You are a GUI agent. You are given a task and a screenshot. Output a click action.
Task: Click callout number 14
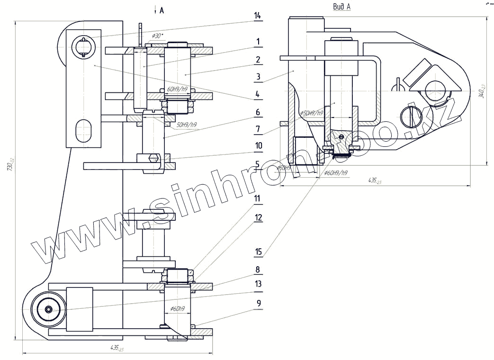tap(258, 16)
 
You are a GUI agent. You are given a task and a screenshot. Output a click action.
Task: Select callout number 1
tap(258, 42)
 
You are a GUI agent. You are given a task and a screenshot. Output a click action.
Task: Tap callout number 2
tap(258, 60)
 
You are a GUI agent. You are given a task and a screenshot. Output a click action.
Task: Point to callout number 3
tap(258, 76)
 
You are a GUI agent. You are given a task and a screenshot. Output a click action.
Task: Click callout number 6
tap(258, 112)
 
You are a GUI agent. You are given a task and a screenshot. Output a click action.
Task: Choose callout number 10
tap(258, 146)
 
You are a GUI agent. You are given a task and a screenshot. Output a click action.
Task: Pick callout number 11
tap(258, 199)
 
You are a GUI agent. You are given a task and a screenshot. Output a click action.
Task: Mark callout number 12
tap(258, 217)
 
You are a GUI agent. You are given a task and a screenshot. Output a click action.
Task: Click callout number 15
tap(258, 252)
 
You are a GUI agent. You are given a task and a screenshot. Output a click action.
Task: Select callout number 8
tap(258, 270)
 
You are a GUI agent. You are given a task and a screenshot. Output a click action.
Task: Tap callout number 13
tap(258, 284)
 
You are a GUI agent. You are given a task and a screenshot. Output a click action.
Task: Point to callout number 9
tap(258, 303)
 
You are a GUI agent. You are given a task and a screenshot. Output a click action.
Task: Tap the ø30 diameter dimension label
tap(157, 36)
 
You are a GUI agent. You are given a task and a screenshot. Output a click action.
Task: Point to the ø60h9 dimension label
tap(178, 309)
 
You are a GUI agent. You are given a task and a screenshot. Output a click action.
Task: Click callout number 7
tap(258, 129)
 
